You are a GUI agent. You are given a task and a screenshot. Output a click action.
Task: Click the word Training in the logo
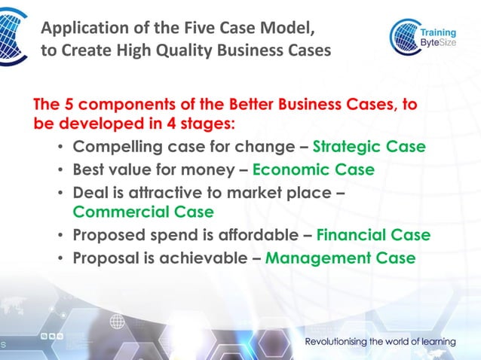point(437,33)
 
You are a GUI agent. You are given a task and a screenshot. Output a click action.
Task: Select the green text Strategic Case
point(369,146)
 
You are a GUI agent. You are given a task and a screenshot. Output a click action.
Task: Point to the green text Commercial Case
point(143,212)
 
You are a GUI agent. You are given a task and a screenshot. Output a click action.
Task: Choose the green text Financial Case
point(373,235)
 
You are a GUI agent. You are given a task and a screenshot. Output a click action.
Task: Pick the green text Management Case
point(340,258)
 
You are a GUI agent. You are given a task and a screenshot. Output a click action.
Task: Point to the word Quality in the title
point(164,51)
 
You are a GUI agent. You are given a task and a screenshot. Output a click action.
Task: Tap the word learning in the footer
point(433,341)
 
